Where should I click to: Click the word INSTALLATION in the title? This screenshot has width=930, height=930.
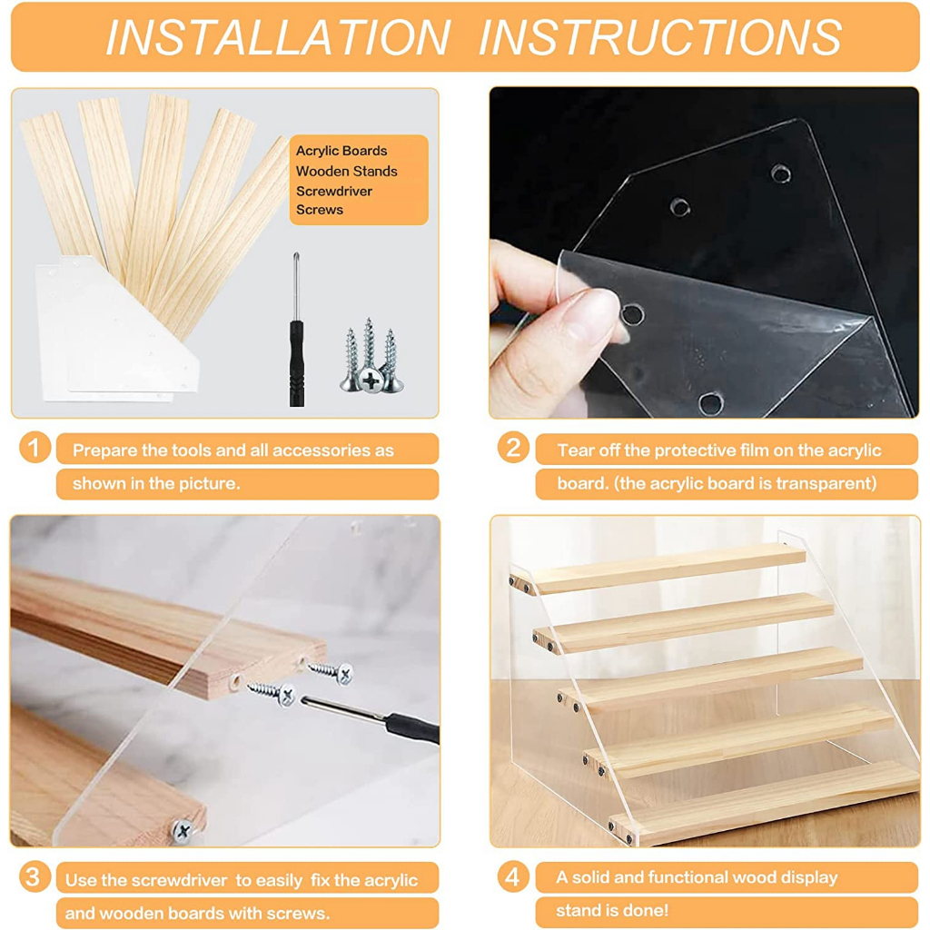278,37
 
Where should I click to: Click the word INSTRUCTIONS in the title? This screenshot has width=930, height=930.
660,37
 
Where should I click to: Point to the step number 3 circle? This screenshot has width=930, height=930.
35,876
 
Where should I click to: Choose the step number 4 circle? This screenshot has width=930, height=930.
513,876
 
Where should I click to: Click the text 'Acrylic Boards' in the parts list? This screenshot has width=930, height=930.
341,152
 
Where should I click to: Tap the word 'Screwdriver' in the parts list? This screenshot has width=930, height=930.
334,191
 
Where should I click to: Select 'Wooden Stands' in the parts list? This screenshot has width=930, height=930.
346,172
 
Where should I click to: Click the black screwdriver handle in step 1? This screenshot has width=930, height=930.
297,363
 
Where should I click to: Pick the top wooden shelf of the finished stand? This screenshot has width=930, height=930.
658,569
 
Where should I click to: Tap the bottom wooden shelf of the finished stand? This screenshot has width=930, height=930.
765,802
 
